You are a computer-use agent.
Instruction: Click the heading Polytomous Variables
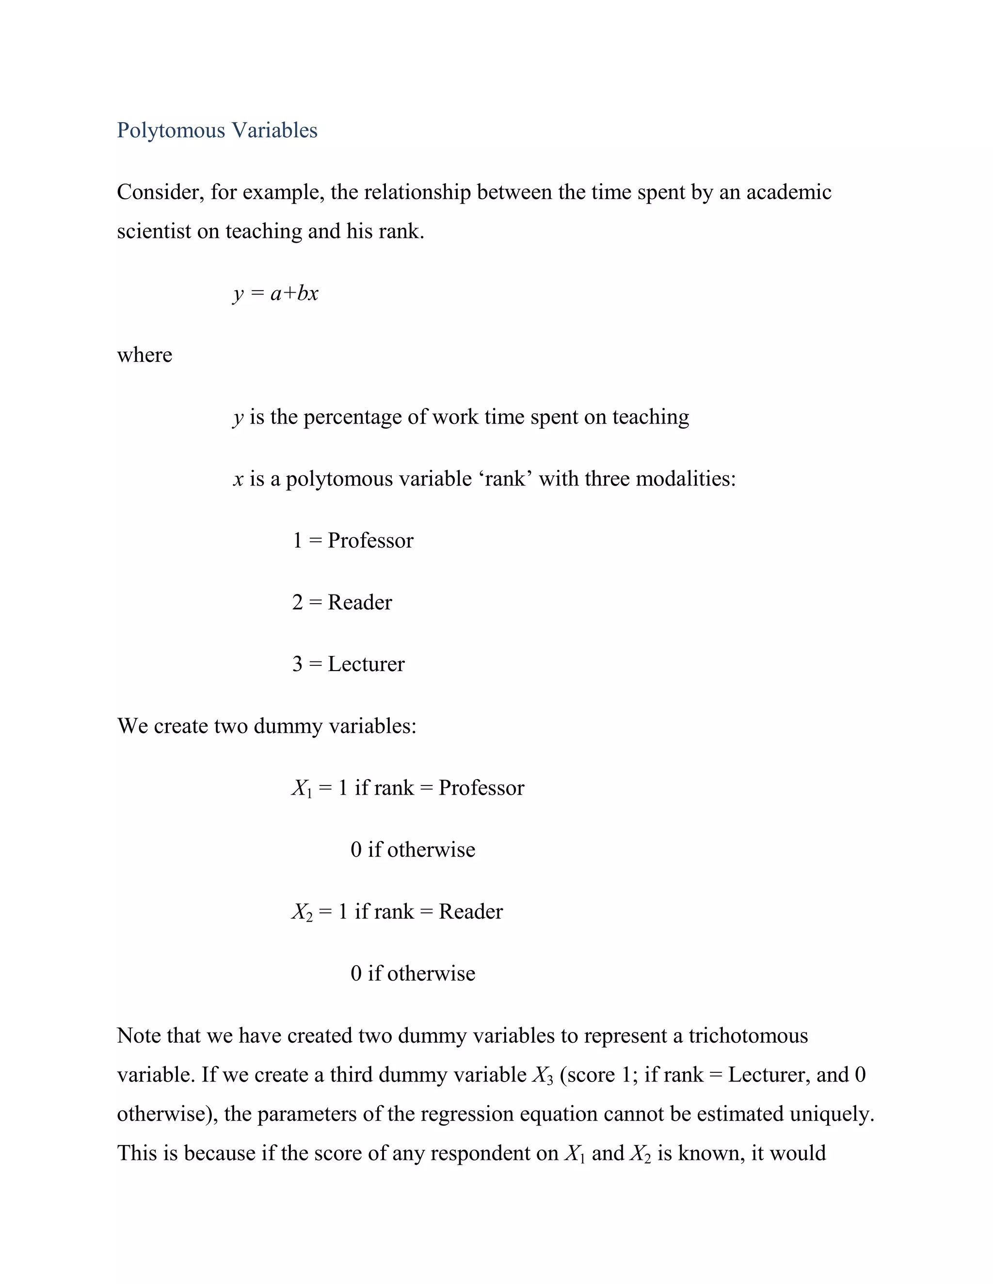click(x=217, y=130)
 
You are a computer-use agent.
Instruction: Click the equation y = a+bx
click(x=275, y=293)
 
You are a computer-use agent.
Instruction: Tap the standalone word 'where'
click(x=144, y=355)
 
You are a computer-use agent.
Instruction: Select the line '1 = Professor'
click(x=353, y=540)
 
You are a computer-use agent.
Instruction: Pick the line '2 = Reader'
click(x=342, y=602)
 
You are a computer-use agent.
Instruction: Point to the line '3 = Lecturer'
click(x=348, y=664)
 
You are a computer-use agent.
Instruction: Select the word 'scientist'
click(x=154, y=231)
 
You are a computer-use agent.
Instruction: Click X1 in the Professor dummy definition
click(x=302, y=788)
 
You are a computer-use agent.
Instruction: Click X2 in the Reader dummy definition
click(x=302, y=912)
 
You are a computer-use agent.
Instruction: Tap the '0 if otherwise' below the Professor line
click(x=413, y=849)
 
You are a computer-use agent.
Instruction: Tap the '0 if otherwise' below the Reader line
click(x=413, y=973)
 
